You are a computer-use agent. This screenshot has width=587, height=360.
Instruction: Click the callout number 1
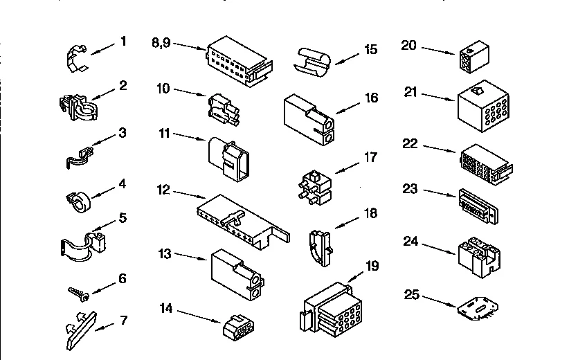[123, 42]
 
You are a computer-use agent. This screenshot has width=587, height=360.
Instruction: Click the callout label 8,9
[160, 42]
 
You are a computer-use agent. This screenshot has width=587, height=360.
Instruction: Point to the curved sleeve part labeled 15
[314, 60]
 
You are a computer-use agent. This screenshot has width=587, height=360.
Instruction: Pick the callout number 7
[124, 320]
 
